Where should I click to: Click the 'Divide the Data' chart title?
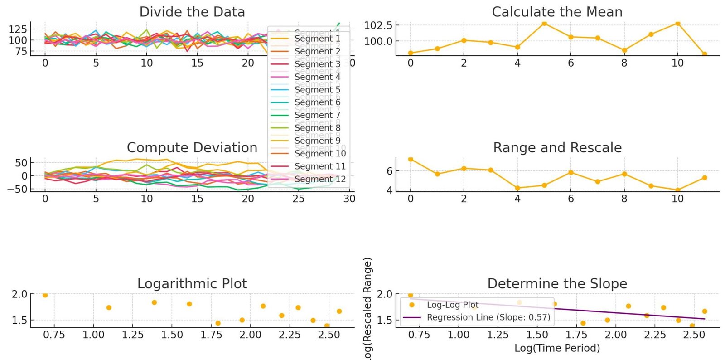[x=192, y=12]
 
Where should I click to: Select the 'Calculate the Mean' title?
[x=557, y=12]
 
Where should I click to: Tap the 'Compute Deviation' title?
[x=192, y=148]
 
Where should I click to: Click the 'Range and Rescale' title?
[x=557, y=148]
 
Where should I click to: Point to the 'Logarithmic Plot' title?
[x=192, y=284]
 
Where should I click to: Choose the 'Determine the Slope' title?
[x=557, y=284]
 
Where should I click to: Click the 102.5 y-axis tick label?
[x=378, y=25]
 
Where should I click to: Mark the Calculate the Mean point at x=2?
[x=464, y=40]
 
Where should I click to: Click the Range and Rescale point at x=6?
[x=571, y=173]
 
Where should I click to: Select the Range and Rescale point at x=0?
[x=411, y=159]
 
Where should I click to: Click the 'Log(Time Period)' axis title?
[x=557, y=348]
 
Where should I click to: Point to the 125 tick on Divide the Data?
[x=18, y=29]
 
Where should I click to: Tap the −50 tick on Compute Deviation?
[x=17, y=189]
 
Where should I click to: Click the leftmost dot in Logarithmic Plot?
[x=45, y=295]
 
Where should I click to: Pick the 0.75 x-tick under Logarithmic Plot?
[x=54, y=335]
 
